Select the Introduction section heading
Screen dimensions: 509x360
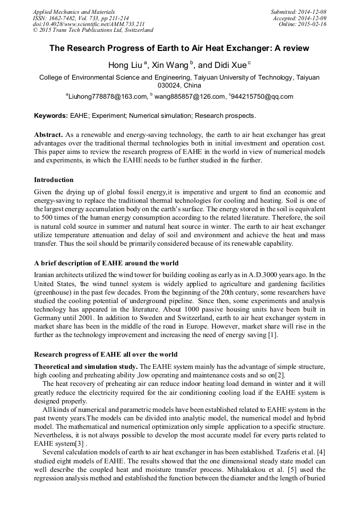point(54,180)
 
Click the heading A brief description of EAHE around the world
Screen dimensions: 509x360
point(106,263)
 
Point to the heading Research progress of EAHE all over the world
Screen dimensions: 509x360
point(106,354)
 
